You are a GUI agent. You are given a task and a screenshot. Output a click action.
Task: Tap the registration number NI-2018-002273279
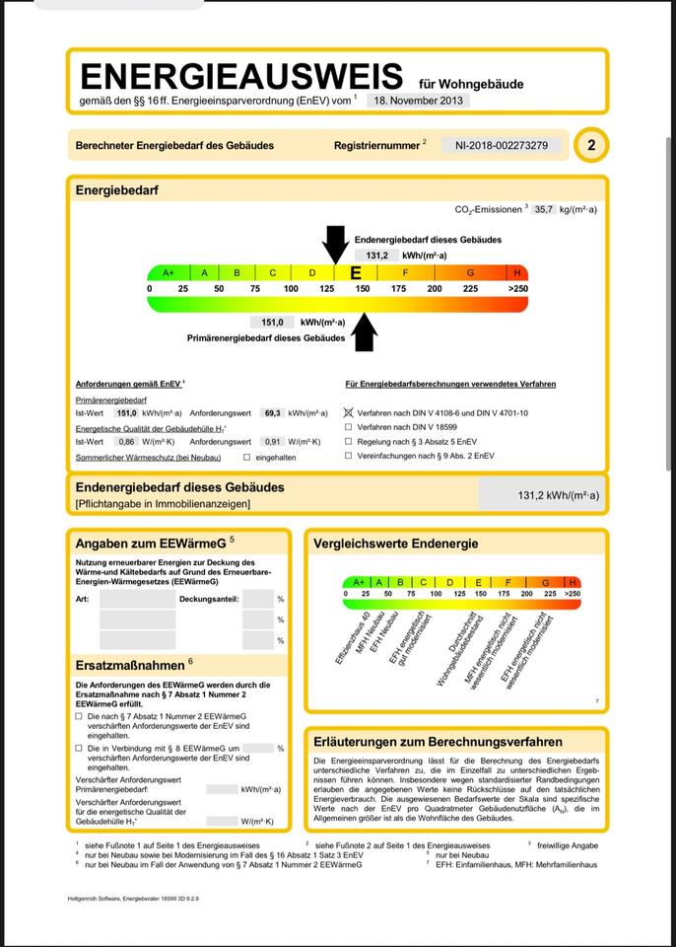(502, 145)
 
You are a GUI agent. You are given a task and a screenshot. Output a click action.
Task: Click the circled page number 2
(591, 146)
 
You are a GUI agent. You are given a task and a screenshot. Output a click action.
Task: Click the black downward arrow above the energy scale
(335, 243)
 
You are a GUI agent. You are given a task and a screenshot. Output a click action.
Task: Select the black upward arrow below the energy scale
(365, 330)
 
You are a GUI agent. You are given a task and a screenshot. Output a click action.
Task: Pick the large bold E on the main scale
(356, 273)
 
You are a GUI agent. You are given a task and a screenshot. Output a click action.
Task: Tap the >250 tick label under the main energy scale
(517, 288)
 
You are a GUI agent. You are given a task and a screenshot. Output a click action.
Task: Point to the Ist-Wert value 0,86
(126, 442)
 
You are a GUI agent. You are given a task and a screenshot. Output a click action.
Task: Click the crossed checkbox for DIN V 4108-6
(348, 413)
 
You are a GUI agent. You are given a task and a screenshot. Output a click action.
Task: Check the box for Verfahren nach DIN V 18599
(348, 427)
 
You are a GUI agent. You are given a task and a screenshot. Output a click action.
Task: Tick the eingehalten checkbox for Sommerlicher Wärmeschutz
(246, 457)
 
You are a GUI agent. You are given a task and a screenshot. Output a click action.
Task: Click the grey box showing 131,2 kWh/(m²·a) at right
(539, 495)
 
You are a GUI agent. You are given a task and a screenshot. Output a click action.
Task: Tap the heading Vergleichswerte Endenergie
(395, 544)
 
